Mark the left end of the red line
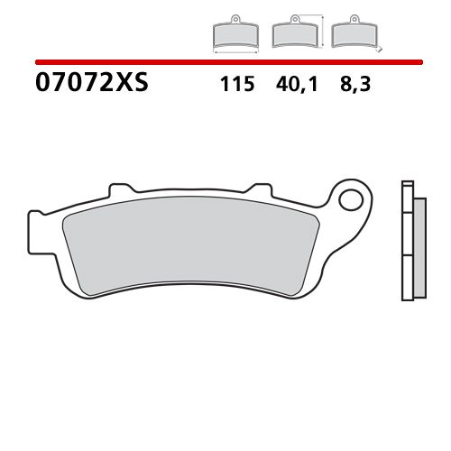(x=36, y=62)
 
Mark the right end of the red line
(x=422, y=62)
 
